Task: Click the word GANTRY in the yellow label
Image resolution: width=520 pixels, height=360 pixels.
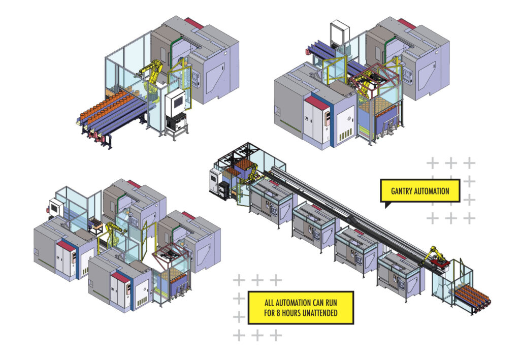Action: pyautogui.click(x=404, y=191)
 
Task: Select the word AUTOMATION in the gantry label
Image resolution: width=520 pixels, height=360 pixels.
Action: pyautogui.click(x=433, y=191)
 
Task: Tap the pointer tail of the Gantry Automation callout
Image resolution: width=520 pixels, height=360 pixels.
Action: pyautogui.click(x=387, y=205)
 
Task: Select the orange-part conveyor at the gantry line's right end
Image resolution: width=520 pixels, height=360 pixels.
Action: pyautogui.click(x=472, y=297)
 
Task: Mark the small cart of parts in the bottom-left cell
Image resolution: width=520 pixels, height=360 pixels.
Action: pyautogui.click(x=95, y=224)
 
